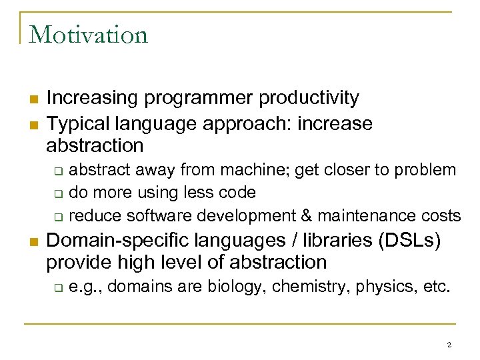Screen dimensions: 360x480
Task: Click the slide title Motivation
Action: tap(88, 34)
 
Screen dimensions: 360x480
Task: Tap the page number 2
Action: tap(449, 345)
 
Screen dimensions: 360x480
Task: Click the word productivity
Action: tap(309, 98)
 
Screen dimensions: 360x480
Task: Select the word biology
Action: tap(233, 287)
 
